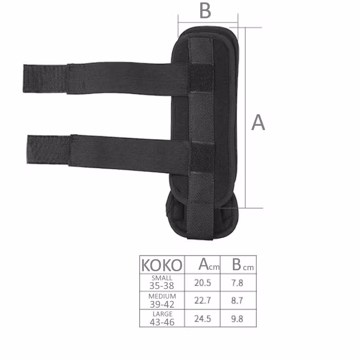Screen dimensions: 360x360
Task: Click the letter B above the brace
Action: point(205,11)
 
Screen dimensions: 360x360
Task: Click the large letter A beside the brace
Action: point(258,122)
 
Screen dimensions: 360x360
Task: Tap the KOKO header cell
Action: point(162,265)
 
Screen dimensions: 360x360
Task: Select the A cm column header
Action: point(209,264)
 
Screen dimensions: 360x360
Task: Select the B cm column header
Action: point(243,264)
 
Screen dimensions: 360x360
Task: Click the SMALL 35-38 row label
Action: point(162,282)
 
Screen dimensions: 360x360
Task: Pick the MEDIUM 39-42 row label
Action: point(162,300)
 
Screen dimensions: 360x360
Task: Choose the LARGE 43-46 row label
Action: point(162,318)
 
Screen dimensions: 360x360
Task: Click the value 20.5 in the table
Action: point(203,283)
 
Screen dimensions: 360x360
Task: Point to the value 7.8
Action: point(237,283)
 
